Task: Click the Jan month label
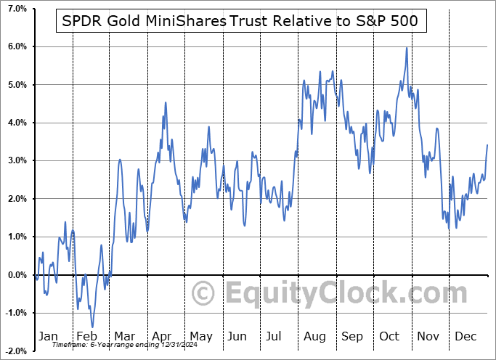click(x=48, y=336)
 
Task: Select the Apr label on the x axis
click(x=162, y=336)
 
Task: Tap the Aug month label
click(x=315, y=336)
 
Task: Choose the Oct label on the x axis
click(x=391, y=336)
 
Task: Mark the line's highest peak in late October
click(x=407, y=48)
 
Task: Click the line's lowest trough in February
click(x=92, y=327)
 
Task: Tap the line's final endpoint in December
click(x=487, y=145)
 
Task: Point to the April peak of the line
click(x=166, y=102)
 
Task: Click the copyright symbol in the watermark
click(x=203, y=294)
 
